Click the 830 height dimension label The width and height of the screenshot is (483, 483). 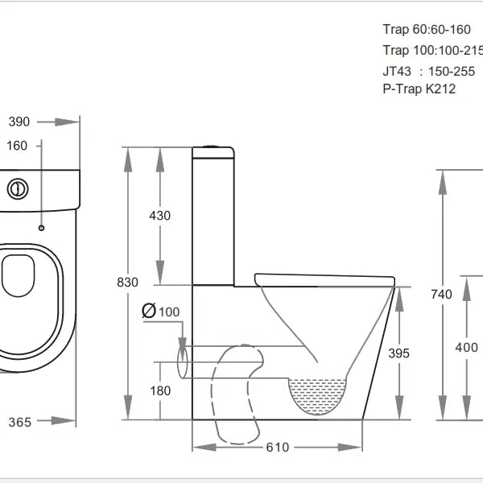[x=127, y=283]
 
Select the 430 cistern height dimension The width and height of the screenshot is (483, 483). [x=160, y=216]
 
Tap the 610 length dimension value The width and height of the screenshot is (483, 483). [x=276, y=447]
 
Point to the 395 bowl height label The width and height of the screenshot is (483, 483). [x=398, y=353]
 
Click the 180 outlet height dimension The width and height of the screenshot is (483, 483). [x=160, y=390]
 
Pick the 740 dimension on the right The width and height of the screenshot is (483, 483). [x=442, y=294]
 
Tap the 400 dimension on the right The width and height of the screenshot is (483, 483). [x=466, y=347]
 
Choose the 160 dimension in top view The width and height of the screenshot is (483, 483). [x=17, y=146]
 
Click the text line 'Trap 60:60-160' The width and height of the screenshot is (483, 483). [x=426, y=30]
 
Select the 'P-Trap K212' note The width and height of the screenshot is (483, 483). [x=419, y=89]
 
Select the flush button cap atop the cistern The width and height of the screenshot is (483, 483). [x=213, y=146]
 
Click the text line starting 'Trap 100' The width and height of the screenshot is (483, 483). [x=431, y=50]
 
